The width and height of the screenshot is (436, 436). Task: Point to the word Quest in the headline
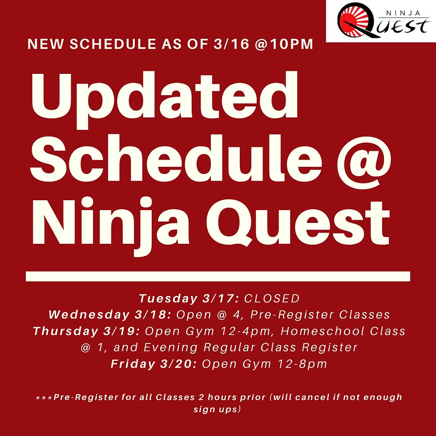[298, 222]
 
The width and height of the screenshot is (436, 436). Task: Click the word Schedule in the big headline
[176, 158]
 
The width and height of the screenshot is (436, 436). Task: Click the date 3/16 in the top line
[231, 44]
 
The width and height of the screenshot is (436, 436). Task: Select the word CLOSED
[272, 299]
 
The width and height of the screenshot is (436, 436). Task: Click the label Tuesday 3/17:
[189, 299]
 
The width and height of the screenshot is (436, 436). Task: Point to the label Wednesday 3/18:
[110, 315]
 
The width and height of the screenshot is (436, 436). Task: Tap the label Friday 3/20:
[153, 364]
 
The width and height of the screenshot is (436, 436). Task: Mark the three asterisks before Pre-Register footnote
[44, 398]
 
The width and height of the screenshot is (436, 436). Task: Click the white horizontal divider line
[218, 276]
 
